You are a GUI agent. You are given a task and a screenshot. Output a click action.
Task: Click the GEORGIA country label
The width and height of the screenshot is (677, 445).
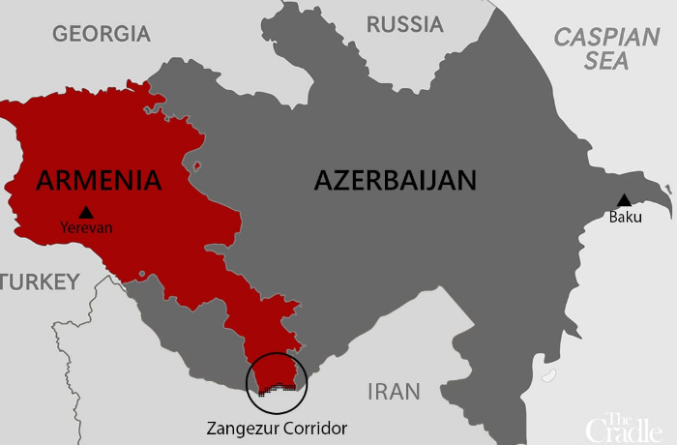click(102, 34)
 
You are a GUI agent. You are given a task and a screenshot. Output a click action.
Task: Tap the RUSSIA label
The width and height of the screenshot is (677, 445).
click(404, 24)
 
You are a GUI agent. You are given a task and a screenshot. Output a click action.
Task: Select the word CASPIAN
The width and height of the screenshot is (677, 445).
click(606, 39)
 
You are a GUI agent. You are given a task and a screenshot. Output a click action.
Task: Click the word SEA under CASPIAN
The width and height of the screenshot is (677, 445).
click(606, 61)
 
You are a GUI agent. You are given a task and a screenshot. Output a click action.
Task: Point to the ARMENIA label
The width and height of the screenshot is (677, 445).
click(97, 179)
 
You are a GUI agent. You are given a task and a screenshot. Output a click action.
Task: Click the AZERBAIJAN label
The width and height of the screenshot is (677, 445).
click(396, 180)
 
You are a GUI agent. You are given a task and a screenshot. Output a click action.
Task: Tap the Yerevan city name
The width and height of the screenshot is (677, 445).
click(87, 228)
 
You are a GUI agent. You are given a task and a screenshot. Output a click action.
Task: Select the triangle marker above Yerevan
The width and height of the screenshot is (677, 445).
click(87, 212)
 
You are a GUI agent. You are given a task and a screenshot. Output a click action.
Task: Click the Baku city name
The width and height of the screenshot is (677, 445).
click(625, 217)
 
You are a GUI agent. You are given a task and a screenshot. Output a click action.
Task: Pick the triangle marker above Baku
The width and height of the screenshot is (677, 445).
click(625, 200)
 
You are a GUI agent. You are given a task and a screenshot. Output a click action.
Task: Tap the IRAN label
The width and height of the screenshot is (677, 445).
click(394, 392)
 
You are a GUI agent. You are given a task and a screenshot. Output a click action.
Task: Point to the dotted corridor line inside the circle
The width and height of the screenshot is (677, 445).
click(277, 388)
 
